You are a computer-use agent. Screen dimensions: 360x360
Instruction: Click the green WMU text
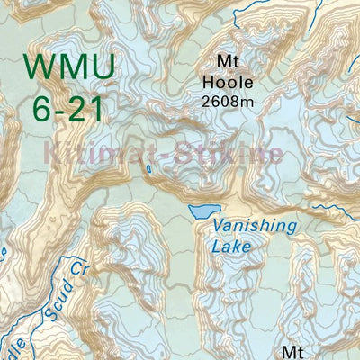pyautogui.click(x=70, y=67)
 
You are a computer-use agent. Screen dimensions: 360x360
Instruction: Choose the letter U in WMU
pyautogui.click(x=103, y=67)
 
